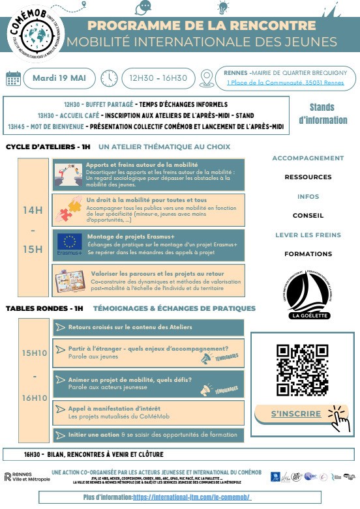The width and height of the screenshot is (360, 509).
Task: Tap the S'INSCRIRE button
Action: point(296,414)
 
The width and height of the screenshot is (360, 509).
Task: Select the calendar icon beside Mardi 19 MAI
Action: point(13,78)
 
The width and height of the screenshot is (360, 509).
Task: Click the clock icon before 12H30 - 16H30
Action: point(109,78)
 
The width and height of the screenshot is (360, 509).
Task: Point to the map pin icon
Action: point(207,79)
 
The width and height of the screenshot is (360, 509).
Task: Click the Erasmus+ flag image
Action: point(68,242)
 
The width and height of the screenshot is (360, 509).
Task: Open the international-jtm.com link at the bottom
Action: point(192,497)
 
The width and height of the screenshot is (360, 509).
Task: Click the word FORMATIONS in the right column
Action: point(308,254)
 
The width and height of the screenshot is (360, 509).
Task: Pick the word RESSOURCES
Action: point(308,177)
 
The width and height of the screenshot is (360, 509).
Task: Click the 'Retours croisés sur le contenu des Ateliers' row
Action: point(149,327)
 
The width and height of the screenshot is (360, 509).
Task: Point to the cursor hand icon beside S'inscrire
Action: point(338,417)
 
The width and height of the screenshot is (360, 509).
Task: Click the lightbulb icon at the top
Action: point(224,7)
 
